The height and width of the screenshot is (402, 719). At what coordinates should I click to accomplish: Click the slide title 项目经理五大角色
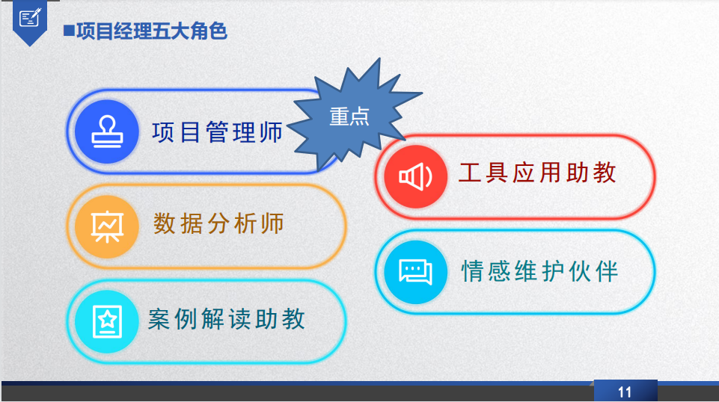coord(151,31)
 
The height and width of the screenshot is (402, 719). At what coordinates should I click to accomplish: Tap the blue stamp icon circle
coord(107,132)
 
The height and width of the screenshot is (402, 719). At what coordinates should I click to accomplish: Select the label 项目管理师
coord(218,132)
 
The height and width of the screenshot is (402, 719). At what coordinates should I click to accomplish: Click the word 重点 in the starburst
coord(349,117)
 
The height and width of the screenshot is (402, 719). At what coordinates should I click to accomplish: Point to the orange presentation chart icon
coord(107,226)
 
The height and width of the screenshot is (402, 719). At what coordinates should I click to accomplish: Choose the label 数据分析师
coord(218,224)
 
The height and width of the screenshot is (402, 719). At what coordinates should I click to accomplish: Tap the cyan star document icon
coord(107,321)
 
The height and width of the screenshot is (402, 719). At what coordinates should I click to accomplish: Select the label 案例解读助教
coord(226,319)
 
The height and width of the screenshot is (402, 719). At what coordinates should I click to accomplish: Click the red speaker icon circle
coord(415,177)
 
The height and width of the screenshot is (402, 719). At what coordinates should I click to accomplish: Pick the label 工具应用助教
coord(537,173)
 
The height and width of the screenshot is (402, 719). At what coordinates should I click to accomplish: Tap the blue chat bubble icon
coord(415,272)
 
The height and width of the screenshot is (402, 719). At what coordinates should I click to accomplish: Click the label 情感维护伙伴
coord(539,271)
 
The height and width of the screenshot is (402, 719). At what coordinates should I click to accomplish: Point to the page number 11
coord(625,392)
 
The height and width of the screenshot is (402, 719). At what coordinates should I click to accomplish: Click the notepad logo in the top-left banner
coord(30,18)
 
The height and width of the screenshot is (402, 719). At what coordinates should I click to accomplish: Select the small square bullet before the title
coord(69,31)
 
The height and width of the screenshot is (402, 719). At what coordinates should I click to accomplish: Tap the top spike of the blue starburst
coord(379,58)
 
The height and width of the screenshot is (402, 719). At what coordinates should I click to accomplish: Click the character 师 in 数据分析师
coord(272,224)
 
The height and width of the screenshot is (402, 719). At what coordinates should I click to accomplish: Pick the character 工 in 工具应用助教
coord(470,173)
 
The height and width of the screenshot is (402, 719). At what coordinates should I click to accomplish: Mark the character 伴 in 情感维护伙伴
coord(607,271)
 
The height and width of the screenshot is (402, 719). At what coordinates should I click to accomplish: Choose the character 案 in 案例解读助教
coord(159,319)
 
